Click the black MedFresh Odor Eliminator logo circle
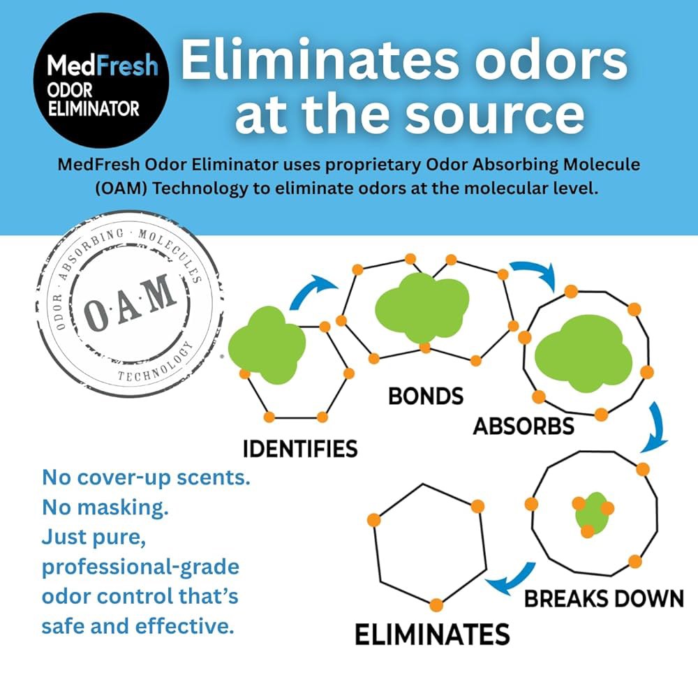point(101,80)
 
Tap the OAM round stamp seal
point(129,304)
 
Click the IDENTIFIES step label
point(300,449)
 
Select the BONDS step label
point(426,396)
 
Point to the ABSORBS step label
point(523,426)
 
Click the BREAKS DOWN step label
point(604,599)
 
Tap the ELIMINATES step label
point(432,634)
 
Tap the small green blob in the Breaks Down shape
point(592,513)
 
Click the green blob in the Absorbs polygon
point(583,354)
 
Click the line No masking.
point(105,507)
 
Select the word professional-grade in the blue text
point(141,567)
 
